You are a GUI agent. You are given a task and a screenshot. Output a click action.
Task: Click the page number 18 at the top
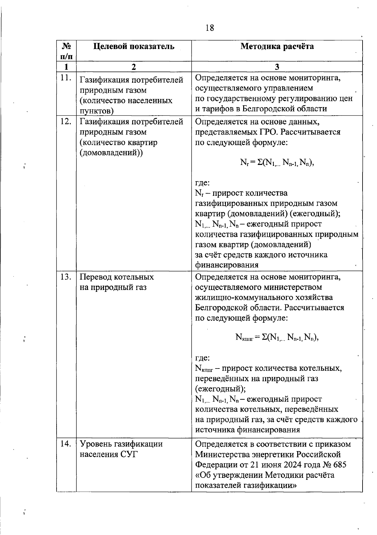click(x=210, y=28)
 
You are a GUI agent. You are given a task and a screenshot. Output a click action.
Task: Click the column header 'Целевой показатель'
click(x=134, y=46)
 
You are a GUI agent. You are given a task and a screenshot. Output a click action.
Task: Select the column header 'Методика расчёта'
click(x=277, y=46)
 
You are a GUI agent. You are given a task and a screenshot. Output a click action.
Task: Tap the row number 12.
click(x=66, y=122)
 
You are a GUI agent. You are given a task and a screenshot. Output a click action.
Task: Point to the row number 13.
click(x=66, y=277)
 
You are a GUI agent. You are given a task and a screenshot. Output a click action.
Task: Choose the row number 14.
click(x=66, y=444)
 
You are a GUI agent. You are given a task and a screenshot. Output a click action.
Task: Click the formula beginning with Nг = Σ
click(x=277, y=162)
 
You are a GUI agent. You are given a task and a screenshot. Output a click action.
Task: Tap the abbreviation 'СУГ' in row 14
click(x=129, y=454)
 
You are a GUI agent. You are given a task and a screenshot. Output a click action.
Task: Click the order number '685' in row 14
click(x=339, y=465)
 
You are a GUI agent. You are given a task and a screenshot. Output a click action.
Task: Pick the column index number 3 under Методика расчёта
click(x=277, y=67)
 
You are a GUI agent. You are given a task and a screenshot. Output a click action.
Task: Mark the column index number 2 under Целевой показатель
click(x=134, y=67)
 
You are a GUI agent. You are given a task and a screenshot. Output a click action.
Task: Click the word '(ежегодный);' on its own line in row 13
click(x=220, y=389)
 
